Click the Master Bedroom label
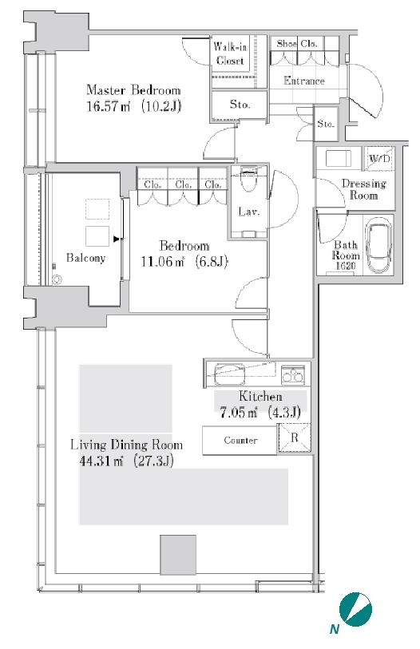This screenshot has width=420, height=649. click(133, 90)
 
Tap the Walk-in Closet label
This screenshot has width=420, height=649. click(230, 53)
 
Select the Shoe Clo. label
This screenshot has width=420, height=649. click(297, 43)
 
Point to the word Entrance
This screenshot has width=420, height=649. click(304, 81)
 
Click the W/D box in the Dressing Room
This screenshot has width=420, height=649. click(379, 158)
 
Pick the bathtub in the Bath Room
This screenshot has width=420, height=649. click(378, 247)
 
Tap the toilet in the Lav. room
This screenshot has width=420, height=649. click(248, 180)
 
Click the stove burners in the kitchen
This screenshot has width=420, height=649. click(293, 375)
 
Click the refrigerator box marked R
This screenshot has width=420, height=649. click(294, 438)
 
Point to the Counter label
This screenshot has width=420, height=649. click(240, 440)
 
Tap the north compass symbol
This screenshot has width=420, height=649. click(355, 610)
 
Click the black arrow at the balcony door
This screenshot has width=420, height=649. click(117, 239)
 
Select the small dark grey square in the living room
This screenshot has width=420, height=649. click(178, 555)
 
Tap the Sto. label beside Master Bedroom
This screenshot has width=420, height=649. click(240, 105)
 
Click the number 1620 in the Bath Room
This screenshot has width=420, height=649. click(345, 266)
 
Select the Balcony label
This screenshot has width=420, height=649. click(85, 258)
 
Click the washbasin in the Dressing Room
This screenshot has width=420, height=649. click(339, 158)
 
